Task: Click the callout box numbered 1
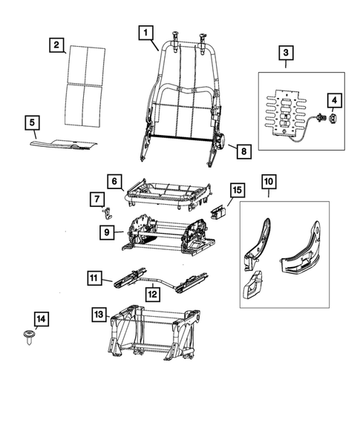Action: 145,32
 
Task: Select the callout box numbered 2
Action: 56,45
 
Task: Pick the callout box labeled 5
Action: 31,121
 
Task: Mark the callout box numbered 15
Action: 234,191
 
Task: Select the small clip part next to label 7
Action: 107,212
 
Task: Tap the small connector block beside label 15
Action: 217,212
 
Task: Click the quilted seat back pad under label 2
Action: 85,82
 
